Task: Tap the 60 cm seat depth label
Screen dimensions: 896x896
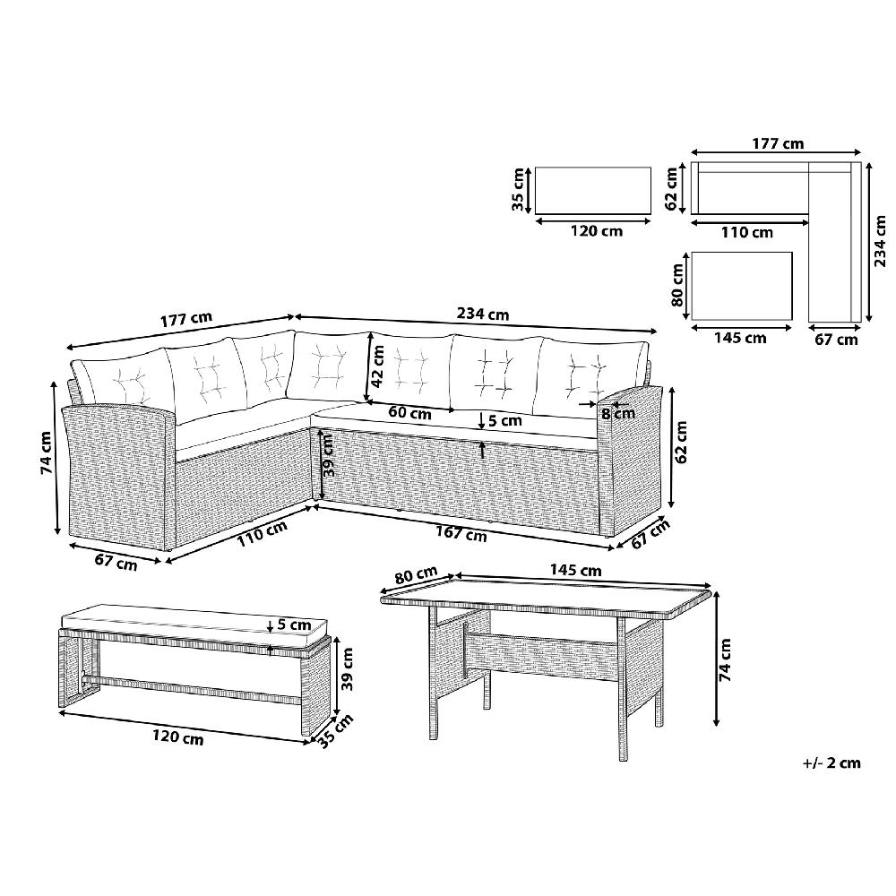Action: tap(409, 412)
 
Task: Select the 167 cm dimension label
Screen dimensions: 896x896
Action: tap(461, 534)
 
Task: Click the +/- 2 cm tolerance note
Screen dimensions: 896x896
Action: tap(831, 762)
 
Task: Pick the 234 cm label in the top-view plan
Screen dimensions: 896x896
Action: tap(881, 240)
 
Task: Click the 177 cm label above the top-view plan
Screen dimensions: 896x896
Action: tap(778, 143)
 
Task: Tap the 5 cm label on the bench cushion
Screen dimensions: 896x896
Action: tap(294, 625)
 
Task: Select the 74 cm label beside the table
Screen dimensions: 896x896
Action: tap(725, 659)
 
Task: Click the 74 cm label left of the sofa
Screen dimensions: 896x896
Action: tap(47, 452)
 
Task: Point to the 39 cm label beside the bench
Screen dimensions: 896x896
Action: tap(346, 668)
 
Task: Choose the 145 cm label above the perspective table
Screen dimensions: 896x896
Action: tap(575, 570)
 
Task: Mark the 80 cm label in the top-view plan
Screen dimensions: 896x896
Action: tap(677, 285)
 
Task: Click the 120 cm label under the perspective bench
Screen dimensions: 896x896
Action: tap(177, 737)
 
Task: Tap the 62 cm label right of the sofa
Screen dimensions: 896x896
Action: tap(681, 442)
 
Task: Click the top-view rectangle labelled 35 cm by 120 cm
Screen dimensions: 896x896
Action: tap(593, 191)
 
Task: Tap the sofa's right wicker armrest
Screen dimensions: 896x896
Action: tap(629, 457)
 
